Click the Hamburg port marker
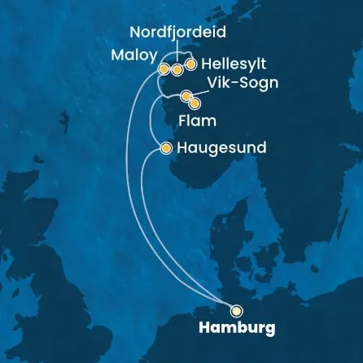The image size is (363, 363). (x=236, y=310)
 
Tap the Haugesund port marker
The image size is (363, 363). (x=166, y=148)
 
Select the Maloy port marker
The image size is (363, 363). (x=164, y=68)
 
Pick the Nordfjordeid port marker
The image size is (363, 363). (x=177, y=70)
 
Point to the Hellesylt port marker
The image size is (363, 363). (x=190, y=63)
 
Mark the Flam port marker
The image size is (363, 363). (x=195, y=103)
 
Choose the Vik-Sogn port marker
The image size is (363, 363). (x=186, y=97)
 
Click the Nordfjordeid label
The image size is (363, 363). (x=179, y=33)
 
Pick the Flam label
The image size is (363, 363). (x=196, y=121)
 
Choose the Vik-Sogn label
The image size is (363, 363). (x=243, y=85)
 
